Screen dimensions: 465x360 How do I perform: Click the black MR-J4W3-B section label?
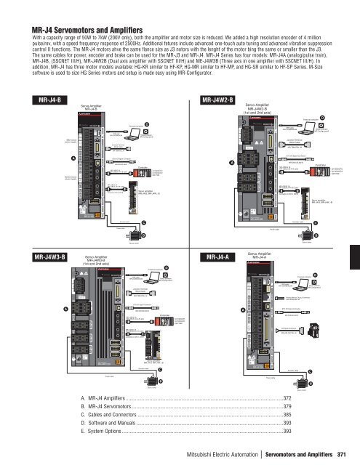point(50,256)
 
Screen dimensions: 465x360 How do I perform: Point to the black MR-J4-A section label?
point(215,256)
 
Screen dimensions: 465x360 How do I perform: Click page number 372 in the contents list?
point(286,397)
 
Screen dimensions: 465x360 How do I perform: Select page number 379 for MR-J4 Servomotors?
point(286,408)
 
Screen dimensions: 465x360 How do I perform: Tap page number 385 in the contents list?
point(286,419)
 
